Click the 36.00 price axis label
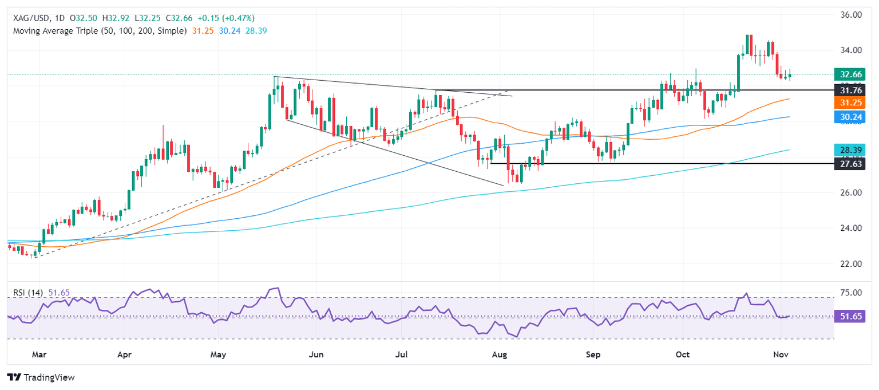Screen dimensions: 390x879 coord(849,15)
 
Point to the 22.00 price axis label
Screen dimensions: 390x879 coord(849,264)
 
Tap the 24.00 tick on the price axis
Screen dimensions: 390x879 coord(849,229)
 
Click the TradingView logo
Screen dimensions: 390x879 coord(41,377)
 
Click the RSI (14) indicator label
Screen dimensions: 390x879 coord(29,293)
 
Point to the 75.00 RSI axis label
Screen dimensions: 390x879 coord(849,293)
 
